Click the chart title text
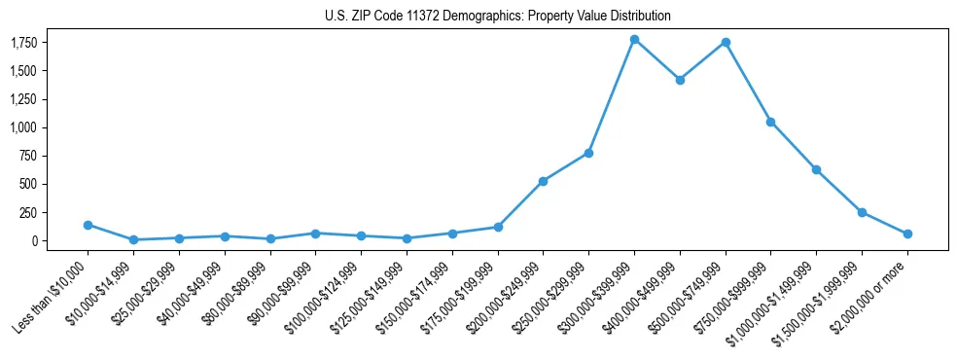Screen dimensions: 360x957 coord(498,17)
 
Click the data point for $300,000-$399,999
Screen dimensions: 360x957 coord(634,40)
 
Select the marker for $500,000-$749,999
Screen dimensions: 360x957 coord(726,43)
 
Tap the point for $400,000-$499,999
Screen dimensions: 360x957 coord(680,80)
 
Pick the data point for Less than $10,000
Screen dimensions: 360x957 coord(88,225)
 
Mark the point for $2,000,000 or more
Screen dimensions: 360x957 coord(907,234)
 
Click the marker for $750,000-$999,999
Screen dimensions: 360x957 coord(770,122)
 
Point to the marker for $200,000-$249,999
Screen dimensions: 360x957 coord(543,181)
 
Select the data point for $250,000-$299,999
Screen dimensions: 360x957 coord(588,153)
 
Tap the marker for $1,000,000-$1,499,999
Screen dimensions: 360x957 coord(816,169)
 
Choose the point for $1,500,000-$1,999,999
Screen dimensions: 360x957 coord(862,212)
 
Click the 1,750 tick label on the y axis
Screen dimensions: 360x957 coord(23,43)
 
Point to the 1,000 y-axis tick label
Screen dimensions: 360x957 coord(23,127)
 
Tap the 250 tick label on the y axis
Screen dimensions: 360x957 coord(27,212)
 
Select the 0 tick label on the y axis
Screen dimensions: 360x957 coord(34,240)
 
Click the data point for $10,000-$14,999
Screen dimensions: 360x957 coord(133,239)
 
